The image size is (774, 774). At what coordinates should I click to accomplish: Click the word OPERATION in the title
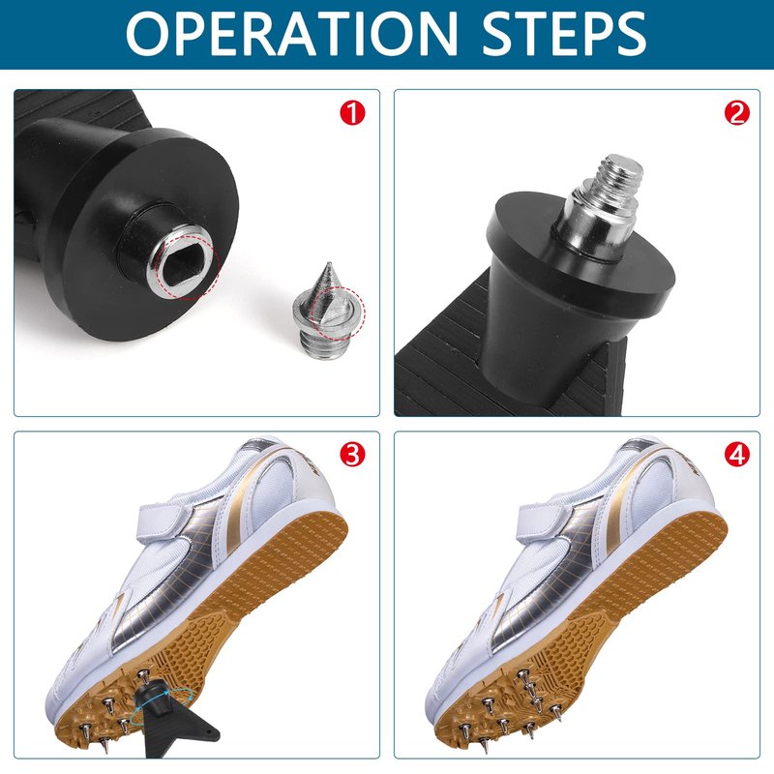(292, 33)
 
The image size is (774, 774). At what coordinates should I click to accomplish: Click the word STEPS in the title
(564, 33)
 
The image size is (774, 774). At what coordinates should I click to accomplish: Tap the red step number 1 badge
(352, 113)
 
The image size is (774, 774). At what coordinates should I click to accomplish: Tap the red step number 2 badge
(736, 113)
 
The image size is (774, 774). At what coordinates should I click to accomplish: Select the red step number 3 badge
(352, 454)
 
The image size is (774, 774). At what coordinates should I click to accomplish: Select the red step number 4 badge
(736, 454)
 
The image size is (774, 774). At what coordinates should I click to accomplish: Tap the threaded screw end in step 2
(620, 174)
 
